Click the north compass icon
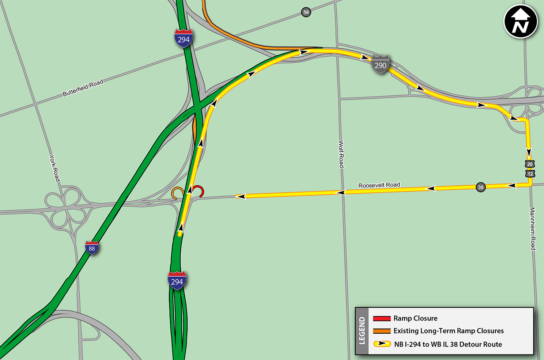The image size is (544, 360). [521, 21]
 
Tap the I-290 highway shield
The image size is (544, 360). [380, 65]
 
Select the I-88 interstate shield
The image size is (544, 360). [92, 248]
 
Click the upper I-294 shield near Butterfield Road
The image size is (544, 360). [183, 39]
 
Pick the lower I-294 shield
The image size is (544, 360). [177, 281]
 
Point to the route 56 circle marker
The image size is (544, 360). [306, 12]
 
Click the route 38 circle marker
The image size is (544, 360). [480, 187]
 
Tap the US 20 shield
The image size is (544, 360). [530, 164]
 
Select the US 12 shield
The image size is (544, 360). [530, 174]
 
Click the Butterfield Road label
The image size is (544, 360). [83, 88]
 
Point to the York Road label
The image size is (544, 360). [54, 168]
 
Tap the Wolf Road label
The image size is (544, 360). [341, 154]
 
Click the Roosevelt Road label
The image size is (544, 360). [379, 185]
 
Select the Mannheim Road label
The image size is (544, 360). [533, 229]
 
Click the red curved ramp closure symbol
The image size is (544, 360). [199, 190]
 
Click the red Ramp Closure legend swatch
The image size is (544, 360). [382, 318]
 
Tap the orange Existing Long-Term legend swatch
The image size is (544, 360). [382, 331]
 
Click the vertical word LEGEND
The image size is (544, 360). [362, 331]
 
